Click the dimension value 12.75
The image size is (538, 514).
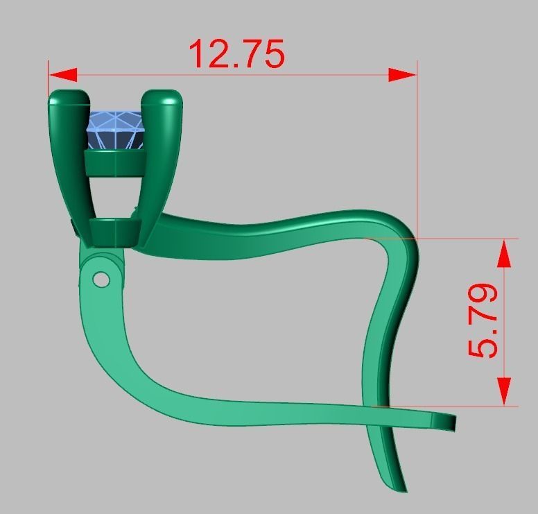(236, 53)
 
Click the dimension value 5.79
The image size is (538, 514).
(484, 320)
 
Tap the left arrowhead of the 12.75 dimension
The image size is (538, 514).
(62, 74)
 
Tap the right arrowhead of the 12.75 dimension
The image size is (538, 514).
(403, 74)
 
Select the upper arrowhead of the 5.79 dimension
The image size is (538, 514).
(504, 253)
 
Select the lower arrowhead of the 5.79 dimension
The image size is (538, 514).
(504, 391)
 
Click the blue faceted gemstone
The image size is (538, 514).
(115, 130)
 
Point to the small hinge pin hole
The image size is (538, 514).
(101, 279)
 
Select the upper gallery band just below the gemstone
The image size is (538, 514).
(114, 164)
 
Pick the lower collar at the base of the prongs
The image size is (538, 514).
(115, 230)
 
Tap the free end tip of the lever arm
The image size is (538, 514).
(451, 422)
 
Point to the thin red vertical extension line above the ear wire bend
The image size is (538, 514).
(417, 153)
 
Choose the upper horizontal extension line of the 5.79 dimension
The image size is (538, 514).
(471, 239)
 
